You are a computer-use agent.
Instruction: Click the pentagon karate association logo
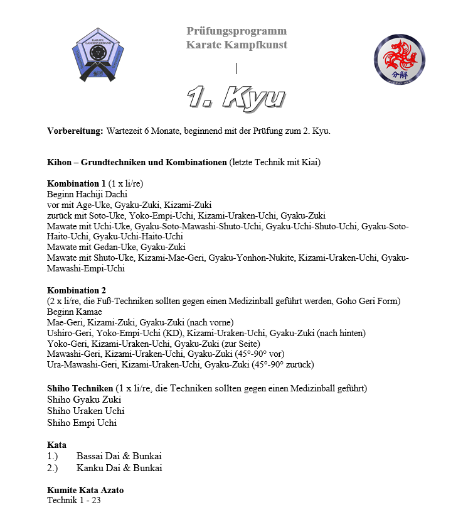[97, 55]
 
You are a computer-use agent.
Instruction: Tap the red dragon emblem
[399, 60]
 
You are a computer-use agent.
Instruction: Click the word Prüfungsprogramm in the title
[236, 31]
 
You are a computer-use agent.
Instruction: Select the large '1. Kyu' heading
[236, 97]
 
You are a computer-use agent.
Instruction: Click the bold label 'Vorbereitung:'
[75, 131]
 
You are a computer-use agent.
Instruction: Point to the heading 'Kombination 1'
[77, 183]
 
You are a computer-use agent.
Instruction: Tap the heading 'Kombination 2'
[77, 290]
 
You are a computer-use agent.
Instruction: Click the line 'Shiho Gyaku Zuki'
[84, 399]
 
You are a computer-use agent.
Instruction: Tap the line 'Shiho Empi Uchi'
[82, 423]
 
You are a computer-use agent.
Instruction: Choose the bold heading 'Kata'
[56, 445]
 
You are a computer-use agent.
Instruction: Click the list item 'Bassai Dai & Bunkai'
[119, 456]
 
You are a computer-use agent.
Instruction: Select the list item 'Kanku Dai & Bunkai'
[119, 468]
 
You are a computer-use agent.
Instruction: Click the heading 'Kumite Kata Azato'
[85, 490]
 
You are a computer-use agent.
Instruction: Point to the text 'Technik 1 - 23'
[73, 501]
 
